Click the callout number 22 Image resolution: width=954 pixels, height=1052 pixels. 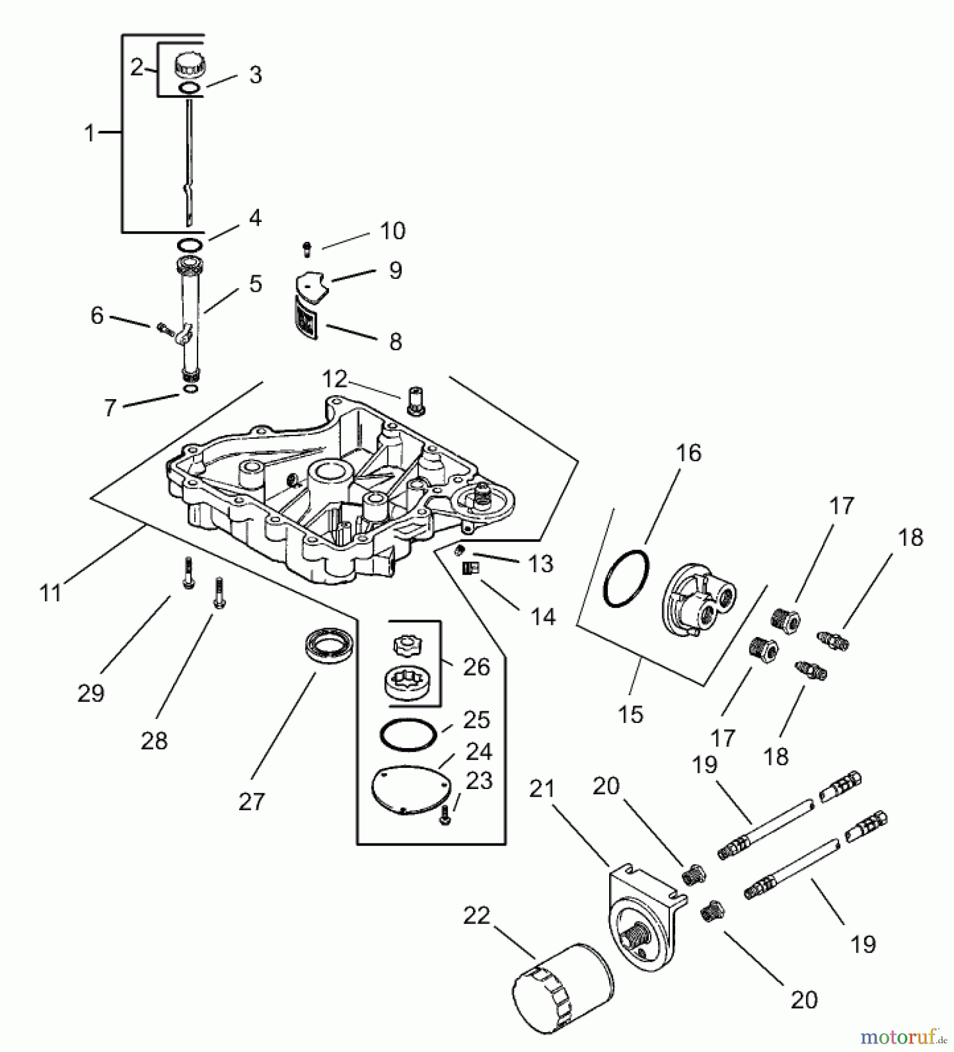click(x=476, y=915)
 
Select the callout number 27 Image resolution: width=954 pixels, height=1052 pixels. click(x=251, y=801)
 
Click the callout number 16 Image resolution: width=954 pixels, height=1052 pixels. click(x=689, y=453)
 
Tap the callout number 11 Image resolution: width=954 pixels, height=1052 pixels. click(x=51, y=593)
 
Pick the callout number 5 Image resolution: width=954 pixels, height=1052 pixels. click(x=255, y=283)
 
